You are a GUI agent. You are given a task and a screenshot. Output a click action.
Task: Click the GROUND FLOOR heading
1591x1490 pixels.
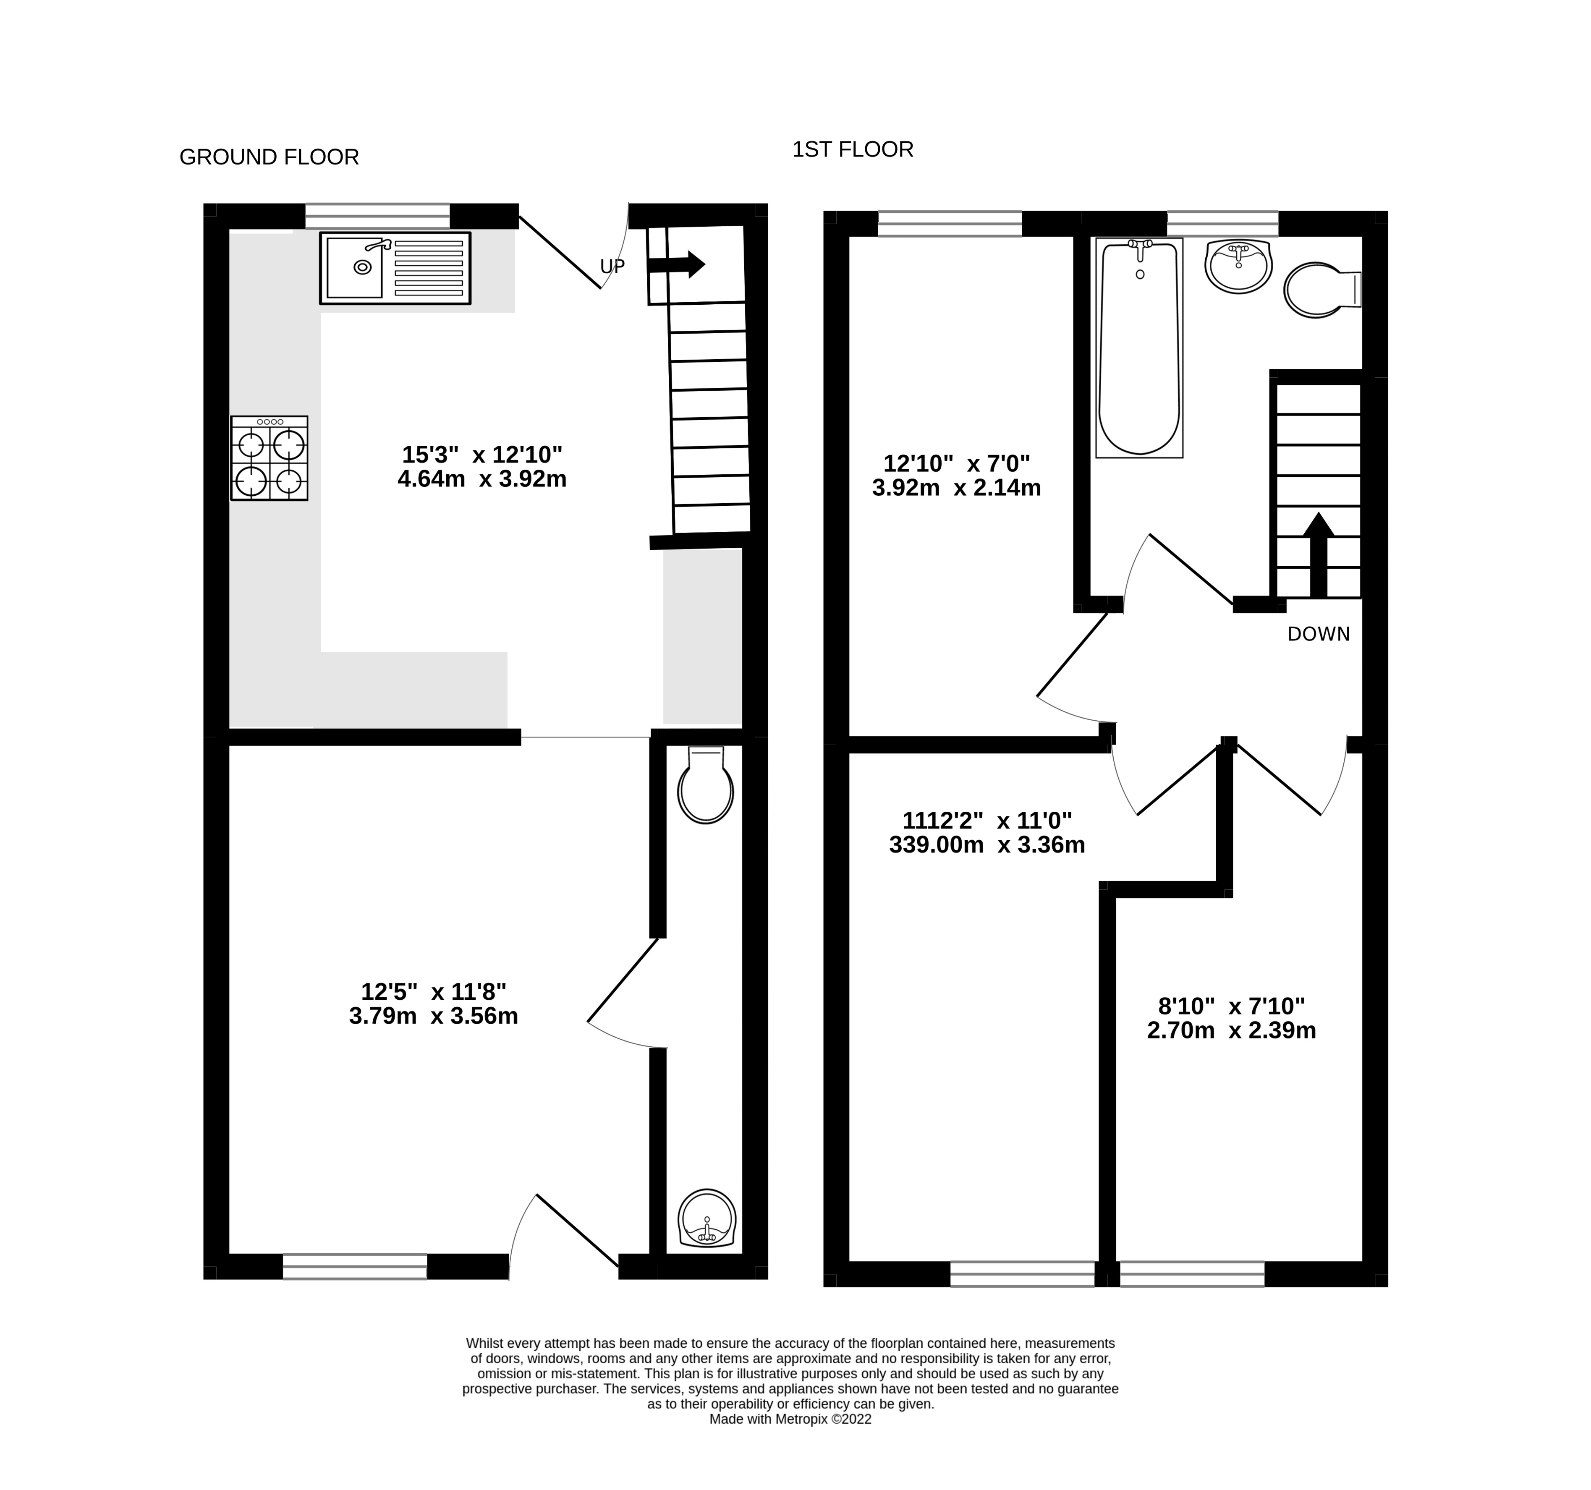click(269, 157)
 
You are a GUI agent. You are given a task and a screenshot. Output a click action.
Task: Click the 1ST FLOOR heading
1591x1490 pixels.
click(852, 150)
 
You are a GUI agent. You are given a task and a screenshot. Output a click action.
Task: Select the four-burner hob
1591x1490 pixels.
click(269, 458)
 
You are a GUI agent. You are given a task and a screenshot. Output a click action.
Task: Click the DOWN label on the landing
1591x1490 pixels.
click(1318, 634)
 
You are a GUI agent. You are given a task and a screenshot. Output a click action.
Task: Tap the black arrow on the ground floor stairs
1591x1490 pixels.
click(676, 264)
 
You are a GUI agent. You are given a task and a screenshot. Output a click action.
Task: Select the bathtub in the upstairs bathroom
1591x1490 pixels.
click(1139, 348)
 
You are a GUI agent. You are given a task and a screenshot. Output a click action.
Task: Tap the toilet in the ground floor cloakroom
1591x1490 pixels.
click(705, 786)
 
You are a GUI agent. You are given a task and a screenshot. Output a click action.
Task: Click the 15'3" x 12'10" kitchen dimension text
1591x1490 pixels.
click(482, 455)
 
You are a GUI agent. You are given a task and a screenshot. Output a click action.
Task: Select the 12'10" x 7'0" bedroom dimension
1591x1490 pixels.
click(956, 463)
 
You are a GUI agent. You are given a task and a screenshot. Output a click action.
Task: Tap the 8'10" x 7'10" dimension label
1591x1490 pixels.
click(1231, 1006)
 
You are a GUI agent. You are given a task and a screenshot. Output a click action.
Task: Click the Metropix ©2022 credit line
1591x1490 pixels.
click(790, 1419)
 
